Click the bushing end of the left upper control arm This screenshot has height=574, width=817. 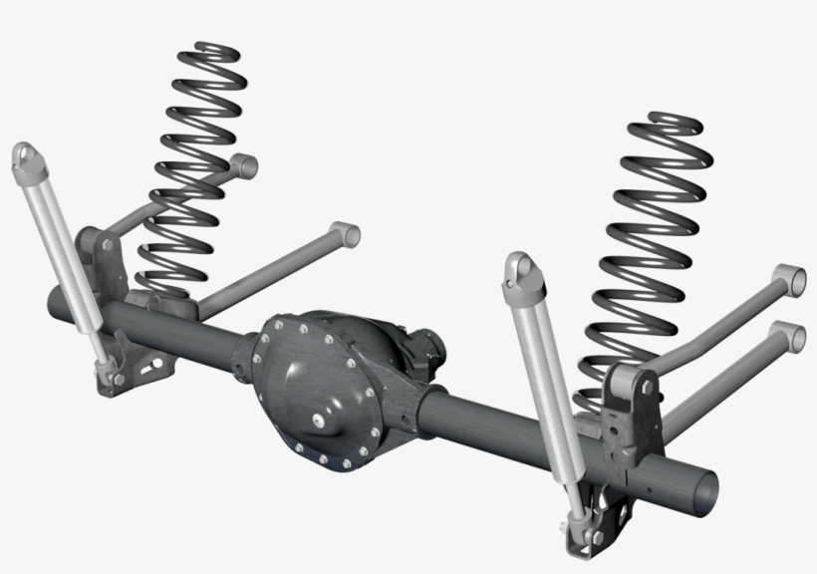coord(242,164)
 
